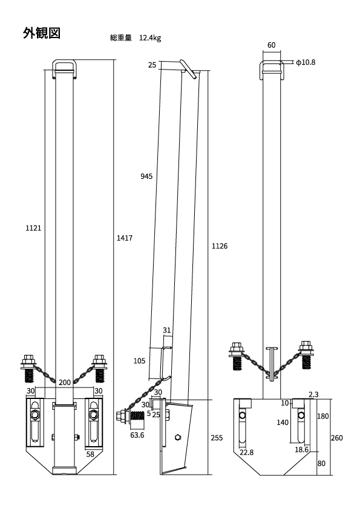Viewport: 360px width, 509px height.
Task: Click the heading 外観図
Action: click(x=42, y=33)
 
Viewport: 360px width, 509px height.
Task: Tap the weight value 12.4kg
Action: click(x=150, y=38)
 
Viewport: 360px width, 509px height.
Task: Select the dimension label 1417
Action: click(x=125, y=238)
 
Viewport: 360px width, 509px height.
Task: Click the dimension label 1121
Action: click(x=33, y=229)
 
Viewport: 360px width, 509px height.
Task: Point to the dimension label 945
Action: click(x=146, y=177)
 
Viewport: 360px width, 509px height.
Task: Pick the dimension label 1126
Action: click(x=220, y=246)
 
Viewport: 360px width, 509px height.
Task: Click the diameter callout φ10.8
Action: click(x=306, y=62)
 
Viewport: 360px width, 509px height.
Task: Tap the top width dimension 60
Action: click(x=271, y=45)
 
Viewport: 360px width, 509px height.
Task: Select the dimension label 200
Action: click(x=65, y=383)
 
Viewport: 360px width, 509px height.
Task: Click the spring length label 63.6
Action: click(x=137, y=435)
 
